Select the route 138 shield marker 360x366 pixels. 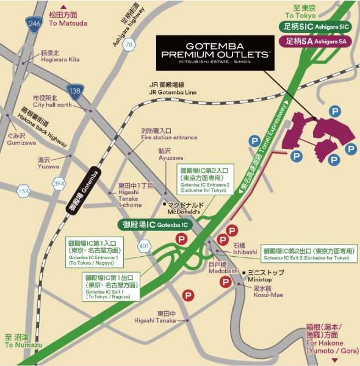tap(74, 92)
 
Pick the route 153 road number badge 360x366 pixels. tap(23, 192)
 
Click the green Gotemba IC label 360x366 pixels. tap(154, 225)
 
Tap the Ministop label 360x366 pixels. tap(262, 275)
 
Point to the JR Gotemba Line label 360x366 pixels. tap(173, 89)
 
